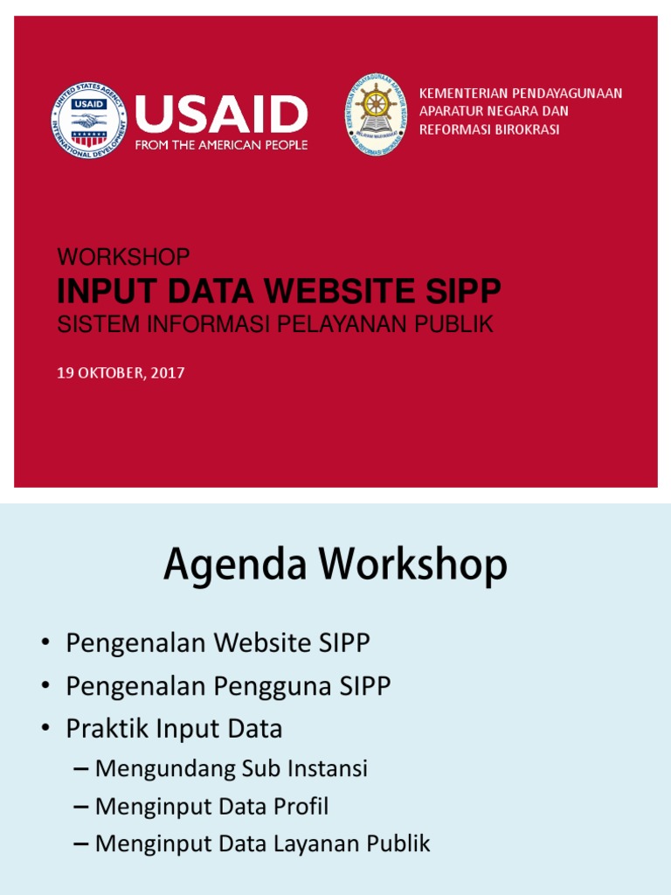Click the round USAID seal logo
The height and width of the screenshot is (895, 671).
[x=88, y=121]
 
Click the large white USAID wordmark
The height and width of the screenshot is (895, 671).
[x=221, y=114]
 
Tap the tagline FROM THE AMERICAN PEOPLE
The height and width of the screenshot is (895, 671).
[x=221, y=145]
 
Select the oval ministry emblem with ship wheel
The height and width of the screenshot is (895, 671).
[x=376, y=114]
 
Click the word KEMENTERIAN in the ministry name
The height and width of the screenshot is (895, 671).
[x=461, y=93]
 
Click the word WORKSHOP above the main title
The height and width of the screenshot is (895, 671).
[x=123, y=257]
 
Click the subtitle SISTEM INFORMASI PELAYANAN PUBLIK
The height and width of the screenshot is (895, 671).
[x=275, y=325]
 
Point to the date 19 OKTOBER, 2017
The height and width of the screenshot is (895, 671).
[x=121, y=373]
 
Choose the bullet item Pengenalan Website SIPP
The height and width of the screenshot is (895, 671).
[x=218, y=643]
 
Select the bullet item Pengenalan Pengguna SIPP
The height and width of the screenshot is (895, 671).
[x=228, y=686]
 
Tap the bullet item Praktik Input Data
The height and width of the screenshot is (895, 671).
[x=174, y=729]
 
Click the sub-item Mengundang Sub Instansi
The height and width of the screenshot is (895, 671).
[x=231, y=769]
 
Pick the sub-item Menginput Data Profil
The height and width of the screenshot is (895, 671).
[x=211, y=807]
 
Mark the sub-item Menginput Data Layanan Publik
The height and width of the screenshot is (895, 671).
[x=262, y=844]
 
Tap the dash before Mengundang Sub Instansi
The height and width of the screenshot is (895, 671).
[x=82, y=770]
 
